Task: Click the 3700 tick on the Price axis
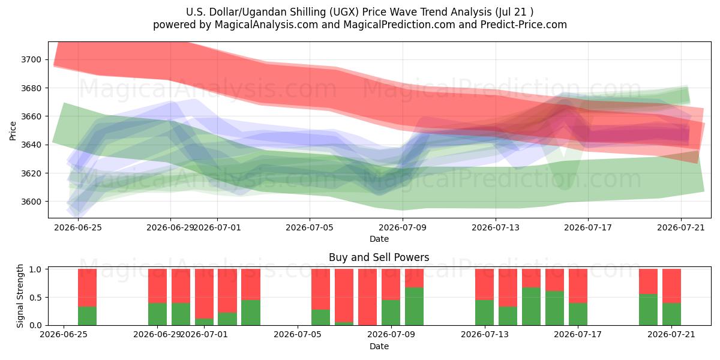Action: tap(31, 60)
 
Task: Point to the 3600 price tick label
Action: tap(31, 202)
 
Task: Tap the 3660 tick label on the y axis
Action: tap(31, 116)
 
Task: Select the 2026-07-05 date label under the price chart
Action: tap(310, 227)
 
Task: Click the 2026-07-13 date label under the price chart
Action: tap(496, 227)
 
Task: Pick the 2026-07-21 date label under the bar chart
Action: tap(671, 334)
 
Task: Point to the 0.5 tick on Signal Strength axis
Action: tap(35, 298)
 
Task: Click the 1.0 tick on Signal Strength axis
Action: tap(35, 269)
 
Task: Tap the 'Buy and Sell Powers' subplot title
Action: tap(379, 257)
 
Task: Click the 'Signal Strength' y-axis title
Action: tap(20, 296)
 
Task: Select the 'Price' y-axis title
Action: tap(13, 131)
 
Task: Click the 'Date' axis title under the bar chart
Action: tap(379, 346)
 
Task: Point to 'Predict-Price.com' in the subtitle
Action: tap(524, 25)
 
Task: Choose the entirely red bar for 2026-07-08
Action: tap(367, 297)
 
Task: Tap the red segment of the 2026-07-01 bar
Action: tap(204, 294)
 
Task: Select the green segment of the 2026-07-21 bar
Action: tap(671, 314)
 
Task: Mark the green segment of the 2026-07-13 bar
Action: tap(484, 313)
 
